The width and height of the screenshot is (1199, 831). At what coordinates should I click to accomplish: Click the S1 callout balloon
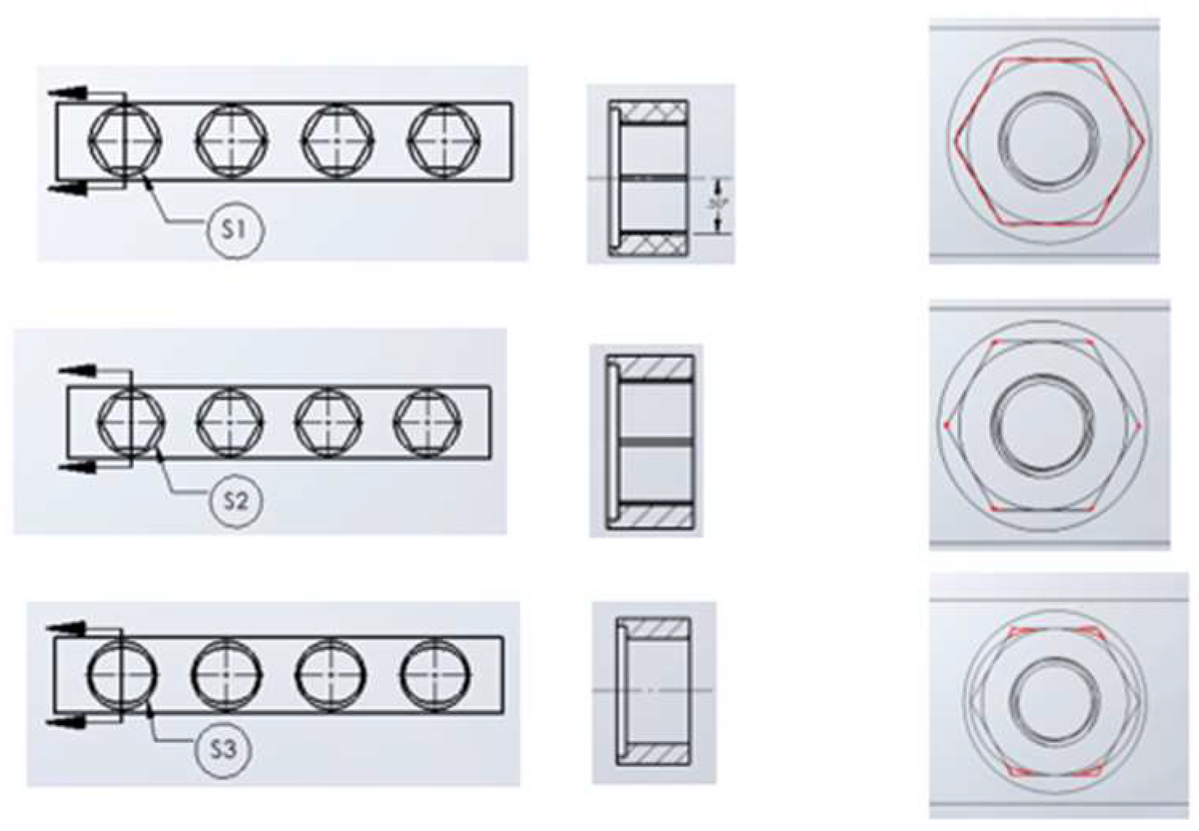[x=234, y=230]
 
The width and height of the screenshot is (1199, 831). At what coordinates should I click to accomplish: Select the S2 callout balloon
[x=235, y=500]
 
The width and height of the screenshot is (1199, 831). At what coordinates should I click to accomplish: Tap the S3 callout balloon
[x=223, y=749]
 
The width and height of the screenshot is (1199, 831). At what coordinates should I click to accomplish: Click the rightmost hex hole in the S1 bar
[x=444, y=140]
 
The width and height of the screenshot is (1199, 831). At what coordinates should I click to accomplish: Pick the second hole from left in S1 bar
[x=231, y=140]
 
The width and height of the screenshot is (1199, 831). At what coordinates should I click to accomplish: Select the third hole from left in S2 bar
[x=328, y=422]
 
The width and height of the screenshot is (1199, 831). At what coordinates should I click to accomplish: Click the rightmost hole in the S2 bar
[x=427, y=422]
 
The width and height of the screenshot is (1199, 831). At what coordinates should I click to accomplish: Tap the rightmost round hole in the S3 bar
[x=435, y=675]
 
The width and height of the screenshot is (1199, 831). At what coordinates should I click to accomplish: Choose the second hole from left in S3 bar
[x=227, y=675]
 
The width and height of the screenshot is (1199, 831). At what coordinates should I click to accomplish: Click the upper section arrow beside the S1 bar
[x=68, y=93]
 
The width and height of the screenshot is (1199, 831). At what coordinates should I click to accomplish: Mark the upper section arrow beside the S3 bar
[x=68, y=628]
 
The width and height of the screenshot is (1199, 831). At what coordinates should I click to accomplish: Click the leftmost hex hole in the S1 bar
[x=124, y=140]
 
